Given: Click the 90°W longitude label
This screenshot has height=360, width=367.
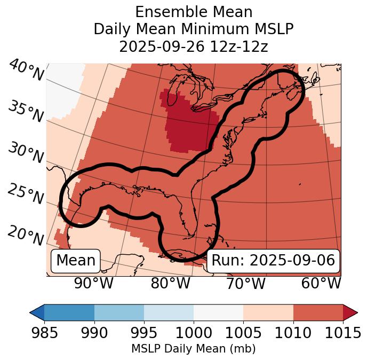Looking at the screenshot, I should pyautogui.click(x=94, y=283).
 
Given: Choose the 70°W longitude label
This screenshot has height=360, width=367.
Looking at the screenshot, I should pyautogui.click(x=245, y=283).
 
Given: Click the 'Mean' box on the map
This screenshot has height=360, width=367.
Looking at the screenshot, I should pyautogui.click(x=76, y=261).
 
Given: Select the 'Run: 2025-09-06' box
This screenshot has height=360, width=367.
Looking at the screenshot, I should pyautogui.click(x=273, y=261).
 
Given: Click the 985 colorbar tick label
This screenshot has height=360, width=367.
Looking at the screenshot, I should pyautogui.click(x=44, y=333).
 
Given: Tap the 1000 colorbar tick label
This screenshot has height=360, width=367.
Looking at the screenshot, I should pyautogui.click(x=194, y=333).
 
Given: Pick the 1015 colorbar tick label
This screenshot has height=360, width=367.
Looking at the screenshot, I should pyautogui.click(x=343, y=333).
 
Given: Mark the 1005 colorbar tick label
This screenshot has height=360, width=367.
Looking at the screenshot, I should pyautogui.click(x=243, y=333).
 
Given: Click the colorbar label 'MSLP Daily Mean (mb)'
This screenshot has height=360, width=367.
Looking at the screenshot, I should pyautogui.click(x=193, y=349).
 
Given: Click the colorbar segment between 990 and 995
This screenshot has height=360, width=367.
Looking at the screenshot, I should pyautogui.click(x=119, y=312).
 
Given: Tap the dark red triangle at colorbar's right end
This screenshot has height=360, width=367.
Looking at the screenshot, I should pyautogui.click(x=350, y=312).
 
